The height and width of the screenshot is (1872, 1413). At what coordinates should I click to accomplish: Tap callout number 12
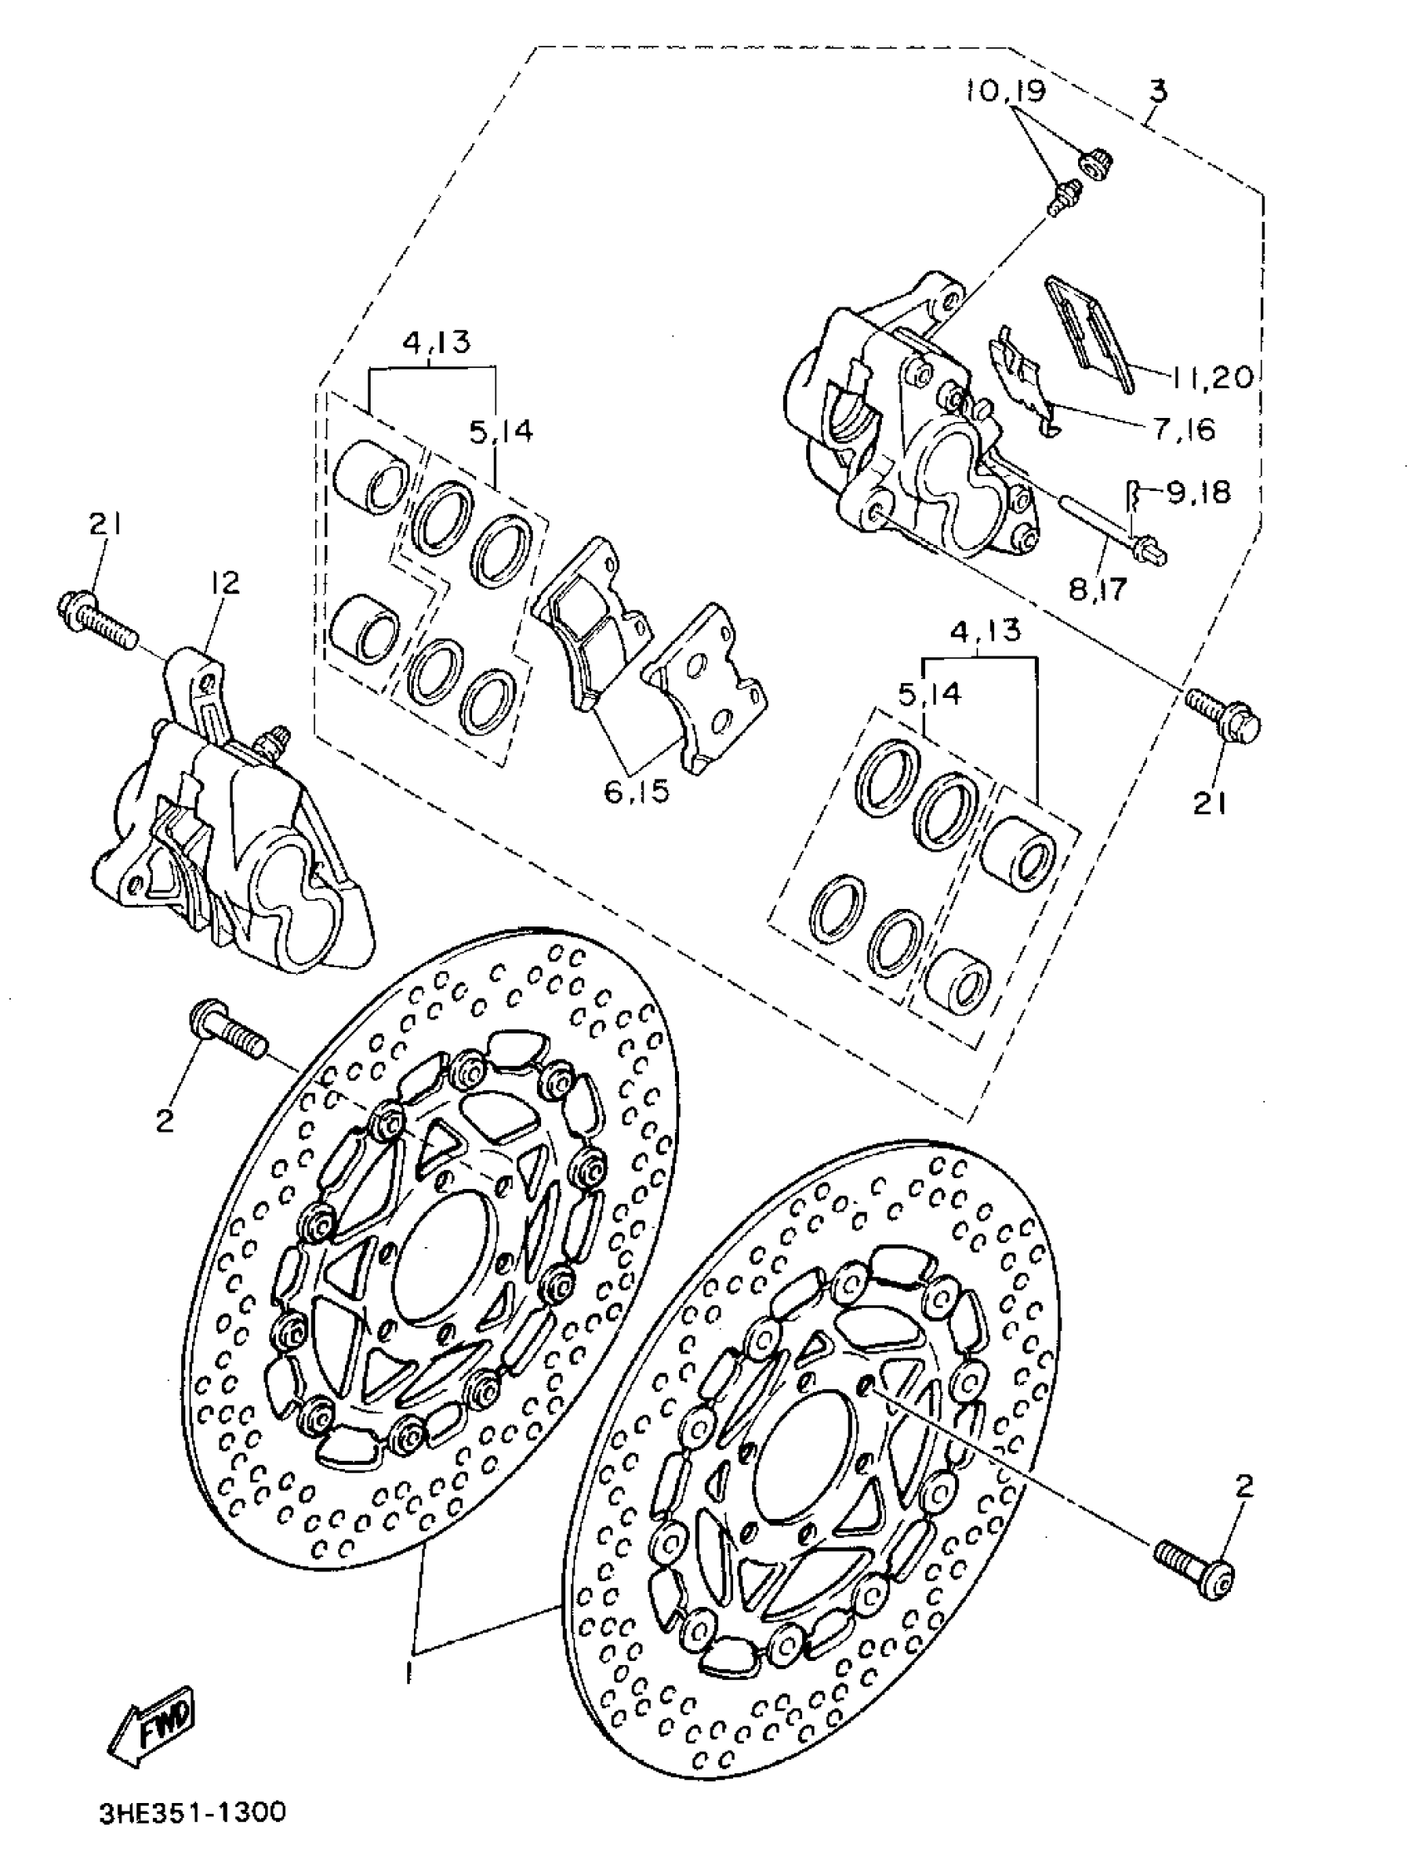tap(226, 583)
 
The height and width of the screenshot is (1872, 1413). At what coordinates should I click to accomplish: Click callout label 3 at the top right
tap(1158, 91)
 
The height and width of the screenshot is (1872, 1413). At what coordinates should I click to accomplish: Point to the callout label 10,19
tap(1005, 91)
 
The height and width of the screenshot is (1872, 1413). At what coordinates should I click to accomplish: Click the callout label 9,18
tap(1198, 493)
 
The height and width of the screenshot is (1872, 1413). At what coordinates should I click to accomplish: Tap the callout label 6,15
tap(637, 791)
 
